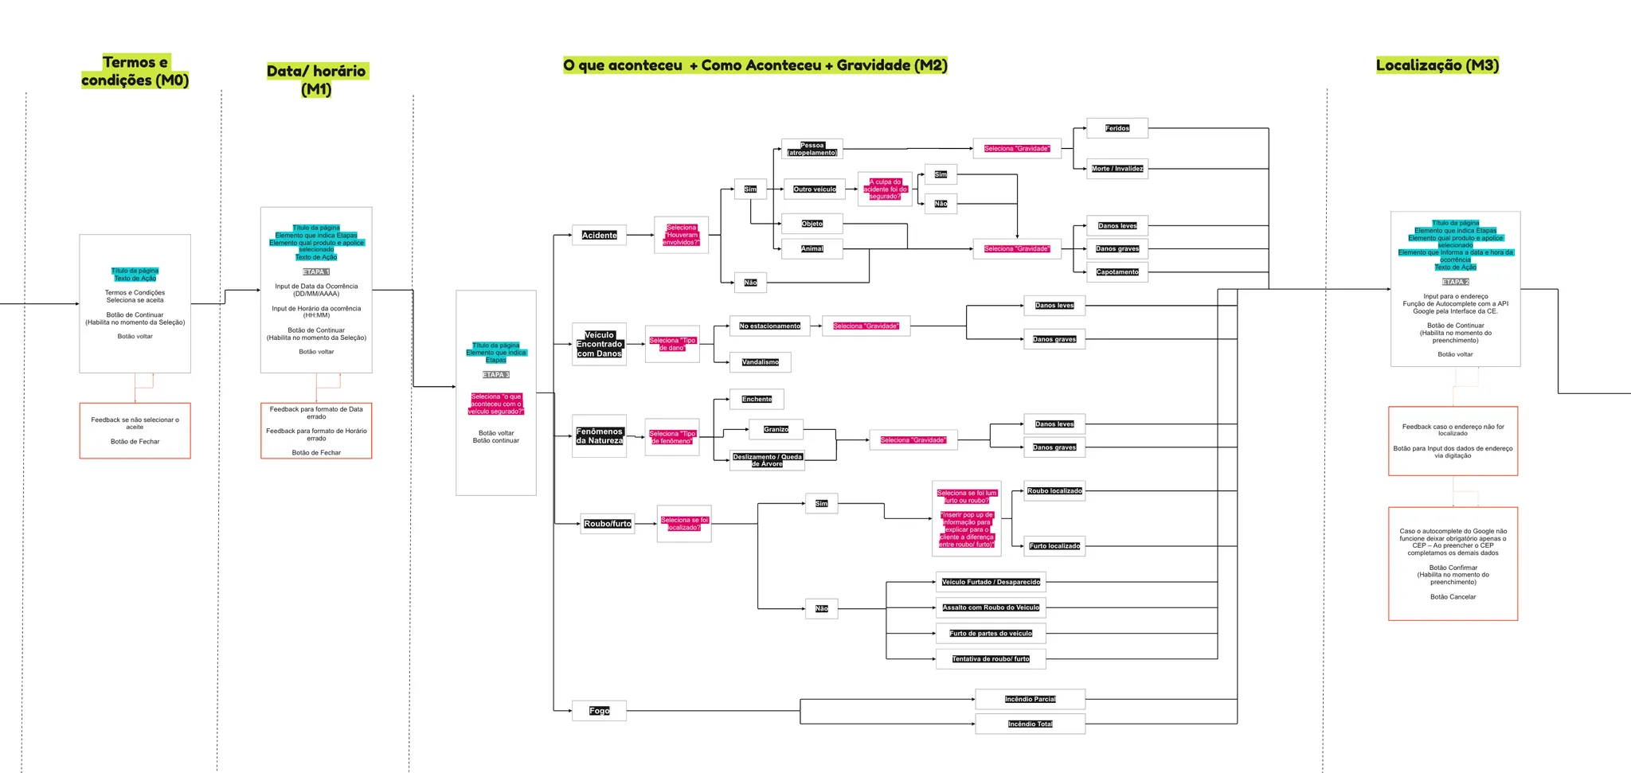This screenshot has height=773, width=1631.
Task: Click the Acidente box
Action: coord(599,236)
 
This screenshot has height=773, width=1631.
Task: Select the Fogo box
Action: coord(599,711)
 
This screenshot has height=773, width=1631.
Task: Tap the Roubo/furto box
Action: coord(607,524)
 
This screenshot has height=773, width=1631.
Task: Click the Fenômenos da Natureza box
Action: coord(599,436)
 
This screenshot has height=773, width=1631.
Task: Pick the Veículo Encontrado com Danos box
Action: coord(599,345)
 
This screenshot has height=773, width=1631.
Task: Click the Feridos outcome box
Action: coord(1117,128)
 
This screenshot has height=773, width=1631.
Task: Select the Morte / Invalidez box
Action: coord(1117,169)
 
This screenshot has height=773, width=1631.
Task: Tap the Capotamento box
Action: coord(1117,272)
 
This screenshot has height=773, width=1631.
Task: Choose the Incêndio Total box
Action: coord(1030,724)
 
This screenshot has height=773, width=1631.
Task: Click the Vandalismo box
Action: coord(760,362)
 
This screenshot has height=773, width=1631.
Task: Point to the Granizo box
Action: coord(776,430)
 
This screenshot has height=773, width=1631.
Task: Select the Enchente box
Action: coord(757,400)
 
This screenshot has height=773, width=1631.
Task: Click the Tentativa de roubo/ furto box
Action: coord(990,659)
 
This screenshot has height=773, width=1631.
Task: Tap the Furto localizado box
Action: coord(1054,546)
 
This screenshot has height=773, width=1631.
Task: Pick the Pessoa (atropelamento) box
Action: coord(812,149)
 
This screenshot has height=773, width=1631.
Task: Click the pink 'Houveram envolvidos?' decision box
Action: coord(681,235)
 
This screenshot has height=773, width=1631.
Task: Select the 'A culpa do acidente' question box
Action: coord(884,189)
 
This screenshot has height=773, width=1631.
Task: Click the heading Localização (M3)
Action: coord(1437,65)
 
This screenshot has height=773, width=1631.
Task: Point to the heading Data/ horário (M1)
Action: coord(316,80)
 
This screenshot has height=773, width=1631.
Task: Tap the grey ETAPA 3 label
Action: coord(495,375)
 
